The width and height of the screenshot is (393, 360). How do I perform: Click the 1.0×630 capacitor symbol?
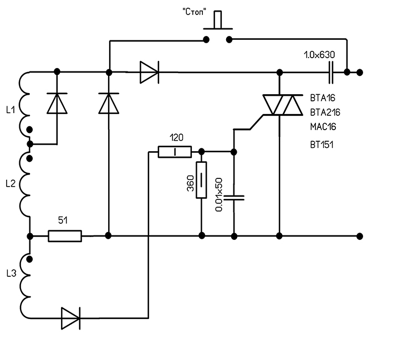tap(331, 72)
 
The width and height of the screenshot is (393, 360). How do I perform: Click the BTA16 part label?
tap(323, 98)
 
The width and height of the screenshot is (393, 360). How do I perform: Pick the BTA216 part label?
tap(325, 112)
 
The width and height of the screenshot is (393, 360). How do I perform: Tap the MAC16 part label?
tap(323, 127)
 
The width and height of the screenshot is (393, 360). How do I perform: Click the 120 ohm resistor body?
tap(175, 152)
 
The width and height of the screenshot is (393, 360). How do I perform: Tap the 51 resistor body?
tap(65, 236)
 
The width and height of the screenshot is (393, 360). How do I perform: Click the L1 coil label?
tap(10, 110)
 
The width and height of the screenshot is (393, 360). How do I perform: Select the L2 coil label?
tap(10, 182)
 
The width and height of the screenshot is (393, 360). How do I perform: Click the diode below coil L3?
tap(70, 318)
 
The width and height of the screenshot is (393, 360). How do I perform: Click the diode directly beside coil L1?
tap(57, 103)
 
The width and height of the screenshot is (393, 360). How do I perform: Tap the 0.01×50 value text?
tap(219, 194)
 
